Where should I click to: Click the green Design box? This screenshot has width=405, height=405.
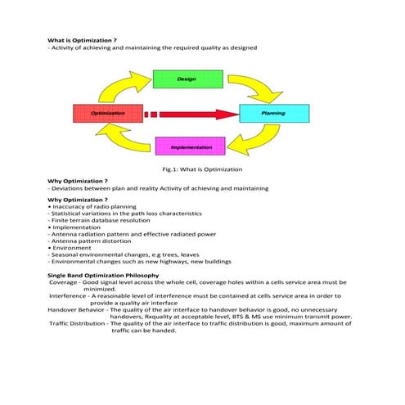(187, 79)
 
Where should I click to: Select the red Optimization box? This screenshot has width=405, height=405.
(107, 113)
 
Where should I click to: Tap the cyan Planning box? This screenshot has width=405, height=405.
(273, 113)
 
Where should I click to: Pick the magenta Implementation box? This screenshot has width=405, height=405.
(190, 147)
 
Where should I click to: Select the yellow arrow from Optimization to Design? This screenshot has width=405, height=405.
(123, 84)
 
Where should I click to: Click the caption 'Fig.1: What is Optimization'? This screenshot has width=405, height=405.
(203, 169)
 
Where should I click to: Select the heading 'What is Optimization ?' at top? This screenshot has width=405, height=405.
(82, 40)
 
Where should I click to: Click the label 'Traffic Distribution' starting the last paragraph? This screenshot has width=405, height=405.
(78, 323)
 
